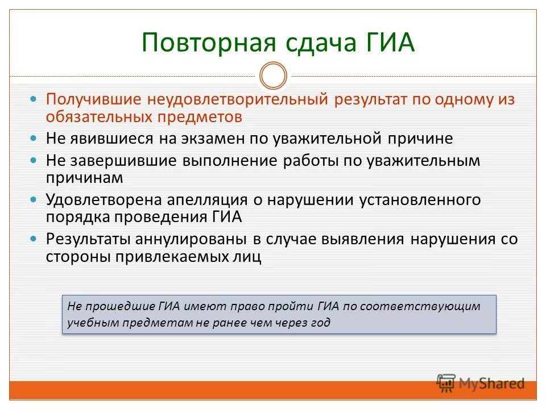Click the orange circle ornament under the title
coord(273,76)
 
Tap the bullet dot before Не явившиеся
coord(34,139)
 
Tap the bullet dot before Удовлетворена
coord(34,200)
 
